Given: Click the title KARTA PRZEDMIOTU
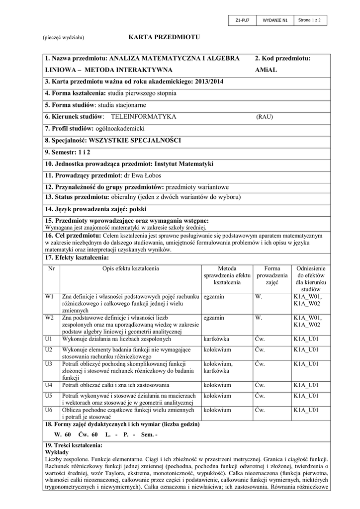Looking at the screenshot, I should tap(164, 37).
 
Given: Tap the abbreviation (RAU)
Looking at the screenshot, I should tap(265, 117).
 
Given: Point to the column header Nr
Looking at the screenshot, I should tap(51, 268).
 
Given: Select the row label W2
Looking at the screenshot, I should tap(49, 317).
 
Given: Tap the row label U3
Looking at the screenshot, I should tap(49, 364).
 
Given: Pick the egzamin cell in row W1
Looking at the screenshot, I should tap(214, 297).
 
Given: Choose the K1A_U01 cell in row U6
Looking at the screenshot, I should tap(306, 410).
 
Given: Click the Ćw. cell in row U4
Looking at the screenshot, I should tap(260, 385).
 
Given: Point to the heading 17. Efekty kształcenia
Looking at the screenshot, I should tap(77, 257).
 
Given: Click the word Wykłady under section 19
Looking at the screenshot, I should tap(57, 454).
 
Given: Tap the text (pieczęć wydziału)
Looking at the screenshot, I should tap(63, 38).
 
